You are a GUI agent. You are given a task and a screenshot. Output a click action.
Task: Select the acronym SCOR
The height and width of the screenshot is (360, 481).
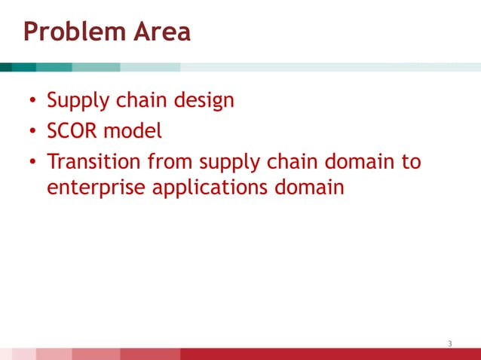coord(72,131)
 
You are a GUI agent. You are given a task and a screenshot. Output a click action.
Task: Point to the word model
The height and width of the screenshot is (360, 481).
coord(133,131)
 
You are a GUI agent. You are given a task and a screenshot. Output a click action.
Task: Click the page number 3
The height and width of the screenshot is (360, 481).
coord(450,344)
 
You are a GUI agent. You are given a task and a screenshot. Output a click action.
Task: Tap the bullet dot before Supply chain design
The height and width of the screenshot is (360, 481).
coord(33,102)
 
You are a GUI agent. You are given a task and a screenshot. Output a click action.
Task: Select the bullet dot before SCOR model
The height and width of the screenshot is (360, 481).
coord(33,133)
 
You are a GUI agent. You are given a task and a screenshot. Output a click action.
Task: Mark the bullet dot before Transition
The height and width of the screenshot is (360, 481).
coord(33,163)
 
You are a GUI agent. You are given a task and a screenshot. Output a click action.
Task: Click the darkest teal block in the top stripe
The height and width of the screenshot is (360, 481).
coord(6,67)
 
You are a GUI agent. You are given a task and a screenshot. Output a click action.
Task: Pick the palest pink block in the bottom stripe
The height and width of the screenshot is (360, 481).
coord(23,354)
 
